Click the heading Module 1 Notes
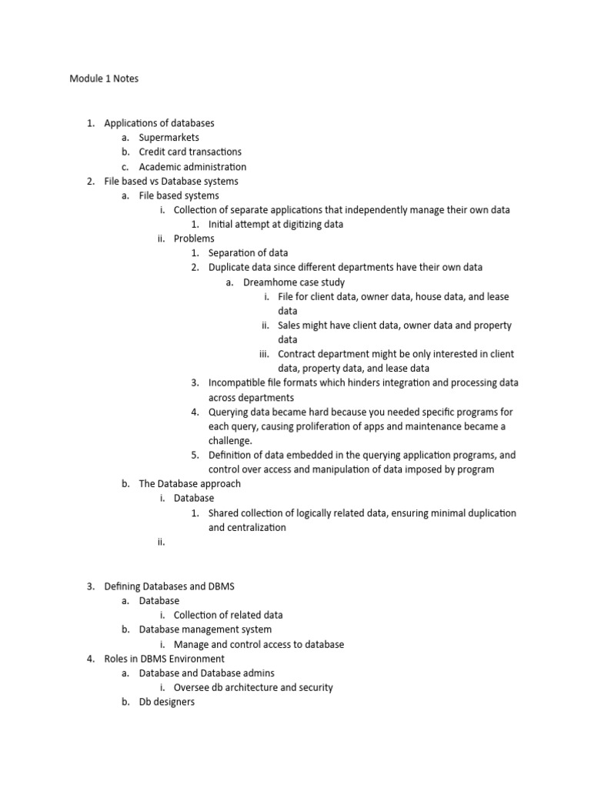[104, 78]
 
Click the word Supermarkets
[169, 138]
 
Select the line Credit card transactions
[190, 152]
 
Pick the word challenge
[230, 441]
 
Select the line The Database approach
[189, 484]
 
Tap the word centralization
[247, 528]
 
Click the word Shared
[223, 513]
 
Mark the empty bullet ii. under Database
[162, 543]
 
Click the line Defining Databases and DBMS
[169, 586]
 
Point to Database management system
[205, 629]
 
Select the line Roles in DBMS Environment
[164, 659]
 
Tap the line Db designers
[167, 702]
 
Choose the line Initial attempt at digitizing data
[275, 225]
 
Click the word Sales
[290, 326]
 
